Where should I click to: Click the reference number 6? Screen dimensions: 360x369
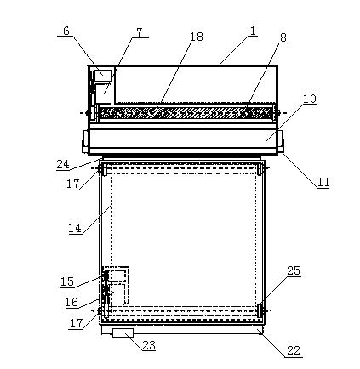[x=66, y=31]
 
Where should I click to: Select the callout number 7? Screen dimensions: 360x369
[x=139, y=32]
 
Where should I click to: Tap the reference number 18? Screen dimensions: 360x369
[x=197, y=37]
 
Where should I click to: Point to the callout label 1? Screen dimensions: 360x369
[x=253, y=31]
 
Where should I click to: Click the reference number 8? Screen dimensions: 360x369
[x=283, y=37]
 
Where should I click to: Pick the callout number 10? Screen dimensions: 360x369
[x=310, y=99]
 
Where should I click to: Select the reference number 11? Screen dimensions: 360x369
[x=323, y=182]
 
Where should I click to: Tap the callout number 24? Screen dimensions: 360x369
[x=63, y=164]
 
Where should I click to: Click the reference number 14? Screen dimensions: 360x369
[x=75, y=228]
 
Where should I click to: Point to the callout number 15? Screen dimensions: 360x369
[x=67, y=281]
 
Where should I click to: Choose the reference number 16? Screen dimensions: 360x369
[x=71, y=302]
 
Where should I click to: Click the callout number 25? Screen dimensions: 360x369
[x=294, y=270]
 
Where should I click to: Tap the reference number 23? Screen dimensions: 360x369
[x=149, y=345]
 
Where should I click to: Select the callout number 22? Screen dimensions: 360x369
[x=294, y=350]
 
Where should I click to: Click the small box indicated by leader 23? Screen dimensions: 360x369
[x=123, y=332]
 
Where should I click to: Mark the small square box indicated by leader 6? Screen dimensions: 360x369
[x=103, y=75]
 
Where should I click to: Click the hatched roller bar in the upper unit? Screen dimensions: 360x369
[x=186, y=112]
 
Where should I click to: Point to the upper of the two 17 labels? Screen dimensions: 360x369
[x=73, y=184]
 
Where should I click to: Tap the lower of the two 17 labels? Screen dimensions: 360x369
[x=76, y=323]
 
